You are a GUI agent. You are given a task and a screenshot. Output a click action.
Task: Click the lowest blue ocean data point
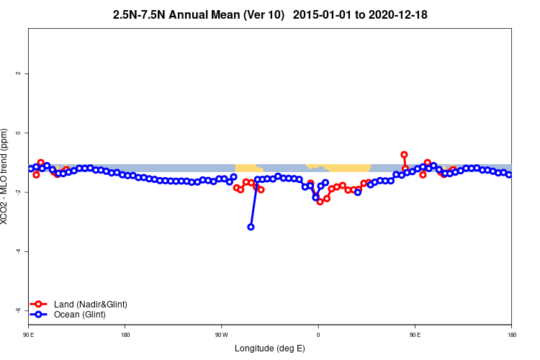251,227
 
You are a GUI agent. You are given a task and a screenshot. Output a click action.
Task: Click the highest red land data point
404,155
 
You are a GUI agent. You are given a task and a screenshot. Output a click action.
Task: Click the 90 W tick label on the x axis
221,335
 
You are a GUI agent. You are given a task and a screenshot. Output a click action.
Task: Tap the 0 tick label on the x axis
318,335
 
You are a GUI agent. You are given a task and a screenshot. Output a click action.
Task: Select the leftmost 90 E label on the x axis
28,335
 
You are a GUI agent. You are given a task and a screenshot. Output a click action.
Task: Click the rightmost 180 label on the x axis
511,335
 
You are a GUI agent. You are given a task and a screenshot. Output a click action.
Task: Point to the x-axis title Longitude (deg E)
270,349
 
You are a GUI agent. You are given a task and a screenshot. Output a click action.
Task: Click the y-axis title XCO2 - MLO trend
6,176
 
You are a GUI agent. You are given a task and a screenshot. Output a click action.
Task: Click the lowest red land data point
320,202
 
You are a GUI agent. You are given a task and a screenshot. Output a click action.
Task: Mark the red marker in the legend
40,305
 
